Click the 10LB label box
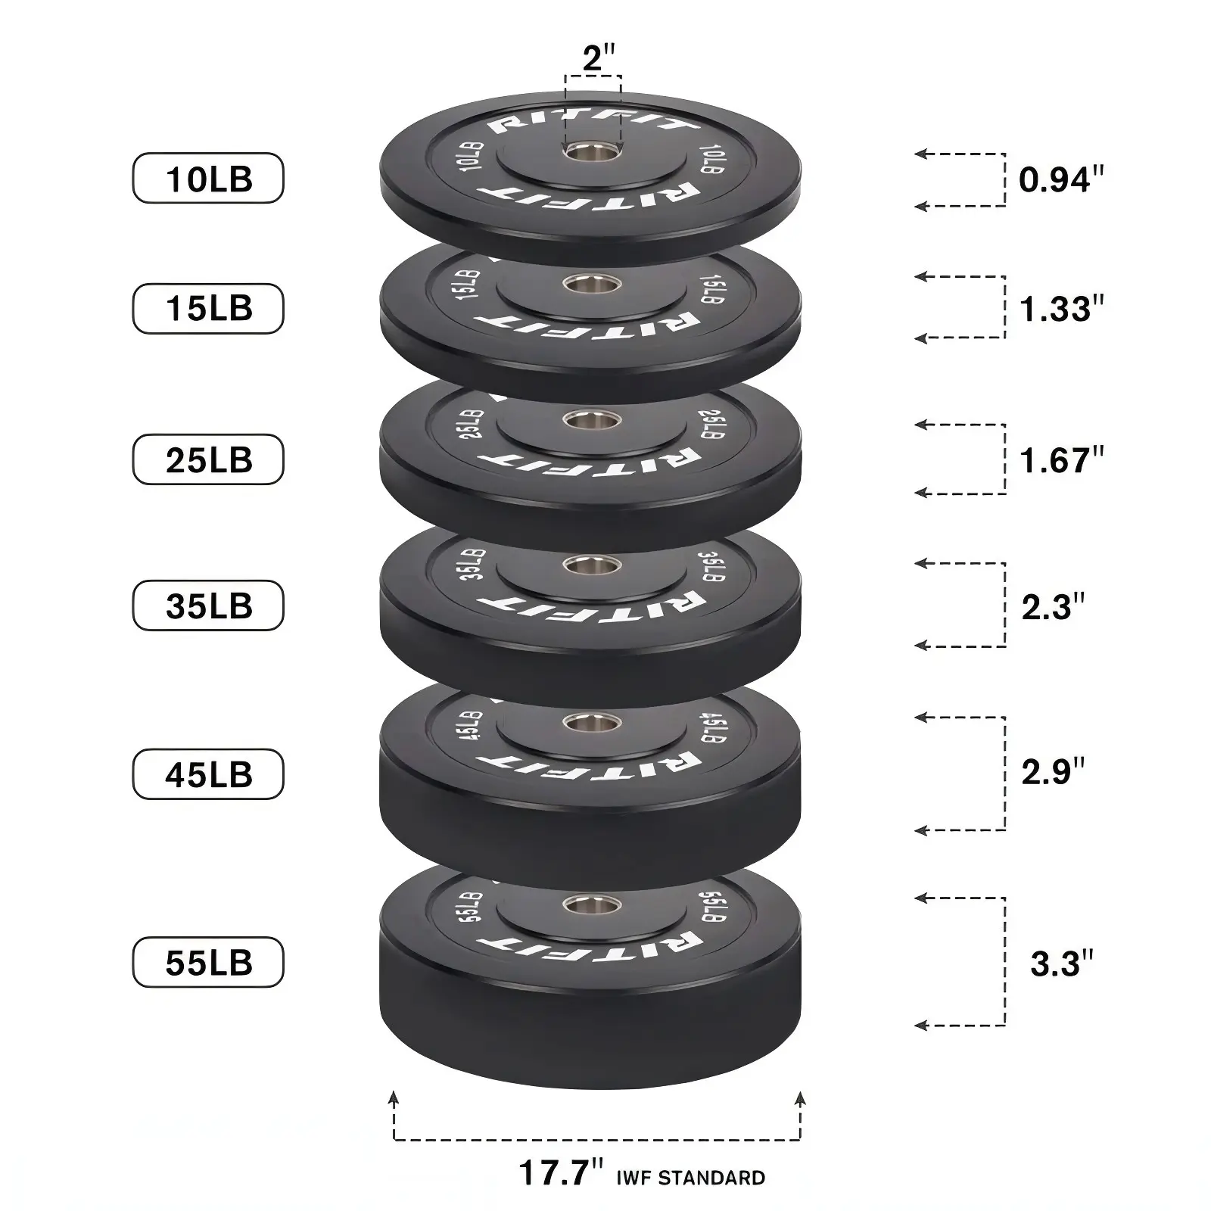(x=208, y=179)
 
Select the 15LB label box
(x=208, y=308)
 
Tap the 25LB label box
(x=208, y=459)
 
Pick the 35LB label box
(x=208, y=605)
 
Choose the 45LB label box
(x=208, y=774)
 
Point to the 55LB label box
(x=208, y=962)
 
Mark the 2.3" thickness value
(x=1053, y=607)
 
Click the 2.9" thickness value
(x=1053, y=771)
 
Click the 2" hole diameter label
(x=598, y=59)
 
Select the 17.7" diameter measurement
(x=561, y=1173)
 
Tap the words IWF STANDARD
(x=690, y=1178)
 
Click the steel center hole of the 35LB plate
(x=592, y=565)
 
